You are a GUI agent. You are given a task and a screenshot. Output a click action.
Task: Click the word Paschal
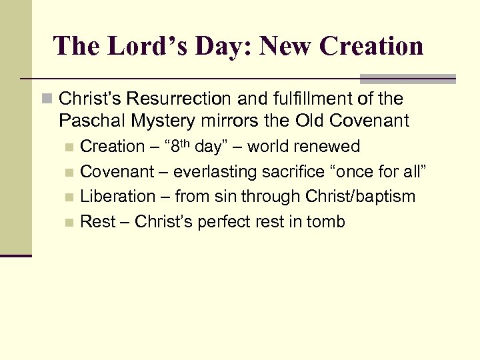click(x=85, y=121)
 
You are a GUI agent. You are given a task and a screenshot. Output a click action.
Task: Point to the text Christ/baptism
click(x=360, y=197)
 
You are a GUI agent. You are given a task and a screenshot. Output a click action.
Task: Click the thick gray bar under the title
click(x=407, y=78)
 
